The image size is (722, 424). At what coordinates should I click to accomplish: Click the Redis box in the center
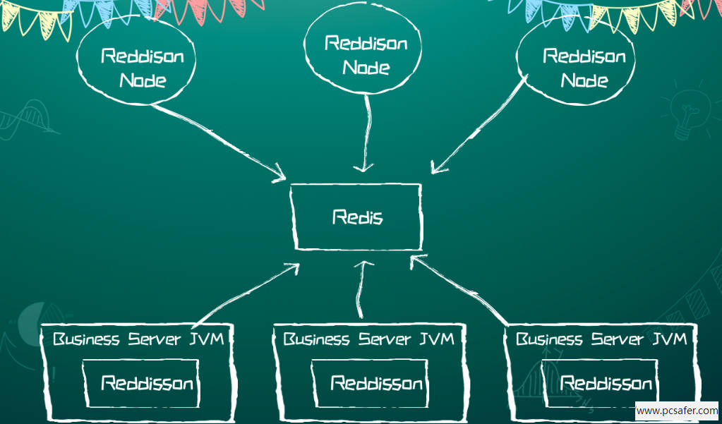[x=356, y=217]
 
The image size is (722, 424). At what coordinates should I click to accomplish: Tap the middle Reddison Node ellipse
[x=365, y=55]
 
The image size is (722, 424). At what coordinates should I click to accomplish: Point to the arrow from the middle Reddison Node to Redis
[x=366, y=134]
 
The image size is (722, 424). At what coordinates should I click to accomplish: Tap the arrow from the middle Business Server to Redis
[x=361, y=289]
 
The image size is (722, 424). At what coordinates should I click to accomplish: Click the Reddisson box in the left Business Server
[x=141, y=384]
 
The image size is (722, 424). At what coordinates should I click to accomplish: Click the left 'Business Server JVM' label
[x=138, y=339]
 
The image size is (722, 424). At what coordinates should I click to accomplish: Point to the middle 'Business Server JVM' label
[x=368, y=339]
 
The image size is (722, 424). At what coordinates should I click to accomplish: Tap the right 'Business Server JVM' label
[x=601, y=339]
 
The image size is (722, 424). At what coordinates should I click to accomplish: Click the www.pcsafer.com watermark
[x=677, y=410]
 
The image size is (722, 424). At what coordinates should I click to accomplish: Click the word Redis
[x=357, y=217]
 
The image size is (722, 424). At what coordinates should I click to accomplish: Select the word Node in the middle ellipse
[x=366, y=68]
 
